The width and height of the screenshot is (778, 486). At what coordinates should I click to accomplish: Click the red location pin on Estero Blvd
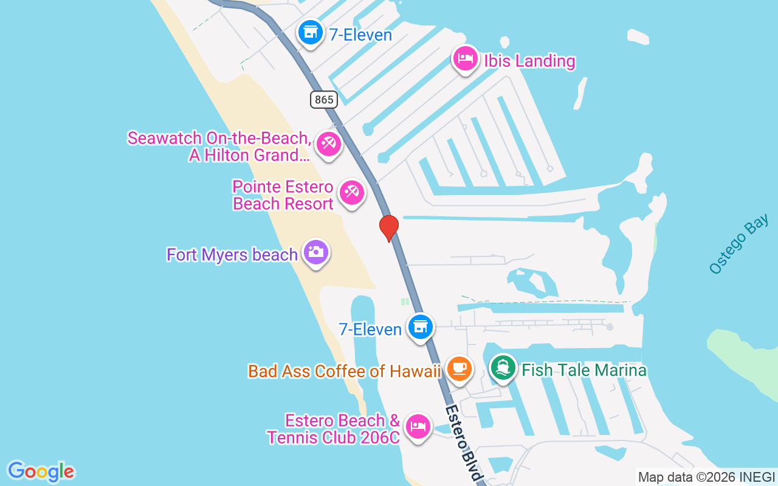[x=388, y=227]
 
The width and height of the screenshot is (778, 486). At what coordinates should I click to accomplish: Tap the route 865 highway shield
[x=324, y=99]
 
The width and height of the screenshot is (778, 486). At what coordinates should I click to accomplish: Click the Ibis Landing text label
[x=529, y=61]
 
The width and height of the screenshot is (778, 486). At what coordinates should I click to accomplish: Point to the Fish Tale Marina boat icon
[x=503, y=368]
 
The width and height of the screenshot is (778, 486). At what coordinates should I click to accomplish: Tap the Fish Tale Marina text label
[x=584, y=370]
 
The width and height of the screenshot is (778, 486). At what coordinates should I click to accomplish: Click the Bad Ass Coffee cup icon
[x=459, y=368]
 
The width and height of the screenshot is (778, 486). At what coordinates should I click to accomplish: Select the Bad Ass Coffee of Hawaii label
[x=344, y=371]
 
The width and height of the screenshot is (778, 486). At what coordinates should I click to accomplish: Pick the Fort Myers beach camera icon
[x=315, y=252]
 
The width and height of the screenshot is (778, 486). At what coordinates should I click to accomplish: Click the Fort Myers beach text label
[x=232, y=255]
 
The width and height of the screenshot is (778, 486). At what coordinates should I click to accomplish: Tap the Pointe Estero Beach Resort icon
[x=351, y=193]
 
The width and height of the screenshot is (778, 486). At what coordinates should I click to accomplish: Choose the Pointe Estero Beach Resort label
[x=283, y=195]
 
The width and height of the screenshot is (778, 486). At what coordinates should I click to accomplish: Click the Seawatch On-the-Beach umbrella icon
[x=328, y=144]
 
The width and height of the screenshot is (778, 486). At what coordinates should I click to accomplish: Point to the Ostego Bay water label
[x=738, y=244]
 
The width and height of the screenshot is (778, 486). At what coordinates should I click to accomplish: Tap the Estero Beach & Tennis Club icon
[x=417, y=426]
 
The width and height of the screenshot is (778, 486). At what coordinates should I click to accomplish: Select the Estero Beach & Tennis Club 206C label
[x=334, y=429]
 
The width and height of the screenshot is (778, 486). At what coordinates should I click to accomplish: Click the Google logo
[x=41, y=471]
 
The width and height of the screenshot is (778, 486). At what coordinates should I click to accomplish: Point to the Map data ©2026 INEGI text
[x=706, y=477]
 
